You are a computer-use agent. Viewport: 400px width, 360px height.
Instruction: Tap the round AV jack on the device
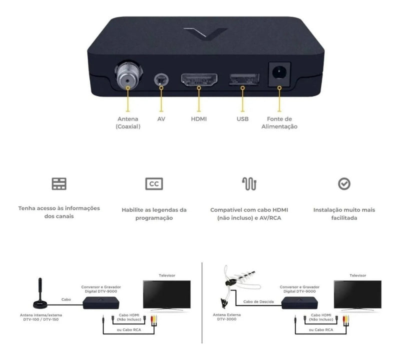(x=161, y=80)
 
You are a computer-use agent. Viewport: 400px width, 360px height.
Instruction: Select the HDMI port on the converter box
(x=199, y=79)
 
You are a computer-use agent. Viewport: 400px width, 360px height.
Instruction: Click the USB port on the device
(x=244, y=79)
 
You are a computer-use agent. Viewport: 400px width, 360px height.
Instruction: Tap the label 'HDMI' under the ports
(x=198, y=119)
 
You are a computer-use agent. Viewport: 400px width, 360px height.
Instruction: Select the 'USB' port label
(x=242, y=119)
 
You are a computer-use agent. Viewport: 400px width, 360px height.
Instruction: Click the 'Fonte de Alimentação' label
(x=279, y=122)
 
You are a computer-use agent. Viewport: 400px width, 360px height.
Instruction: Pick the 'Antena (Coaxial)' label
(x=128, y=122)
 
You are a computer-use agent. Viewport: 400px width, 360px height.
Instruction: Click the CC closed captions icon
(x=154, y=183)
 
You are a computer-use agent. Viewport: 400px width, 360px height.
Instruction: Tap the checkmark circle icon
(x=344, y=183)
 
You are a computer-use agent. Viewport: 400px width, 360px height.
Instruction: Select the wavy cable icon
(x=249, y=183)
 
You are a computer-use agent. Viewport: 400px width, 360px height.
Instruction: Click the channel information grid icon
(x=59, y=183)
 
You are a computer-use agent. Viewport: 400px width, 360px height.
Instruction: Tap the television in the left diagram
(x=167, y=295)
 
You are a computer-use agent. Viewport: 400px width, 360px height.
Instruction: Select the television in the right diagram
(x=357, y=295)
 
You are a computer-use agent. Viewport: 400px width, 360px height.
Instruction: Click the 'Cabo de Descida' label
(x=258, y=301)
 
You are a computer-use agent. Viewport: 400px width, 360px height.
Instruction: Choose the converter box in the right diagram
(x=299, y=303)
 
